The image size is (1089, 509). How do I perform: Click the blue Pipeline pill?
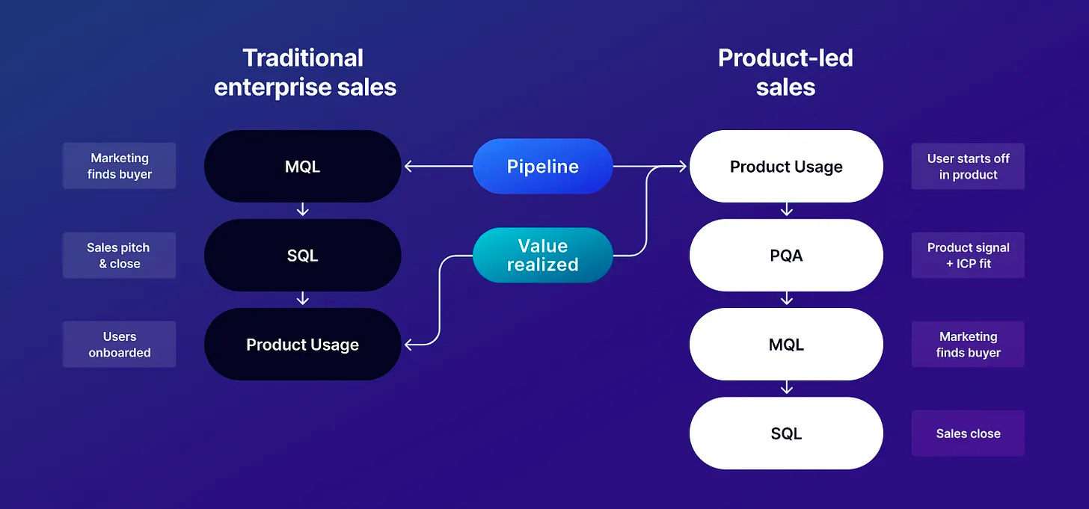(542, 166)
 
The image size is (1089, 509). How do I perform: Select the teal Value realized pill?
(542, 255)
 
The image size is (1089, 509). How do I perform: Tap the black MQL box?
(302, 166)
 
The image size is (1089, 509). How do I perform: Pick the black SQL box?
(302, 255)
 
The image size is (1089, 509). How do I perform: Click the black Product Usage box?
(302, 345)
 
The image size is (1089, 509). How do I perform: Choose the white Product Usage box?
(786, 166)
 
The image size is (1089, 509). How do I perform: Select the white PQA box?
(786, 255)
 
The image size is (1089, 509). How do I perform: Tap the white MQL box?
(786, 345)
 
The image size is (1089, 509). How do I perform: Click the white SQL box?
(786, 434)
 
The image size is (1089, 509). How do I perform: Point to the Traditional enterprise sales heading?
(304, 72)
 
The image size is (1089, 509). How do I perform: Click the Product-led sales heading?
(785, 72)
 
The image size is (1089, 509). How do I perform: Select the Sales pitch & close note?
(119, 255)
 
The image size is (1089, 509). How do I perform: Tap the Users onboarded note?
(119, 345)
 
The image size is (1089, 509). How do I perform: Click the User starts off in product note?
(968, 166)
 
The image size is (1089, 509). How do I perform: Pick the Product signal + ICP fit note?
(968, 255)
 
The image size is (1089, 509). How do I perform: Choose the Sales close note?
(968, 434)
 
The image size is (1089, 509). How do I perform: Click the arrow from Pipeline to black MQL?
(438, 166)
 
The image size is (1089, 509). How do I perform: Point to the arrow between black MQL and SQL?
(302, 210)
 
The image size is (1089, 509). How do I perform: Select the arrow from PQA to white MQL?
(786, 299)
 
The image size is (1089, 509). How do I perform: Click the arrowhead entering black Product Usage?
(409, 345)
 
